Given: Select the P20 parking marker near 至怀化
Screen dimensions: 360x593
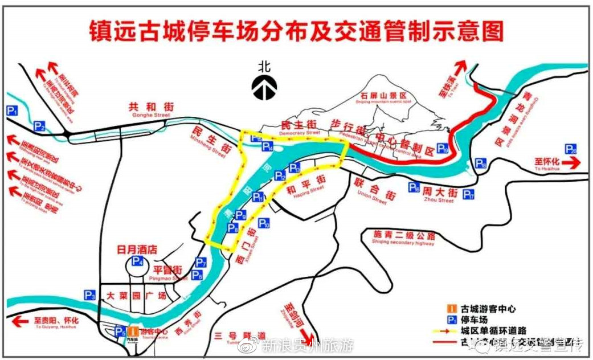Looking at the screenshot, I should coord(571,149).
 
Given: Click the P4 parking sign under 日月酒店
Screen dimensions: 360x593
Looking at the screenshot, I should coord(137,261).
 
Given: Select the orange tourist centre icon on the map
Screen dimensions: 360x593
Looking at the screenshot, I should coord(132,331).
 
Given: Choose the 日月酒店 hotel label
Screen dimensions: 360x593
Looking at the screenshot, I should coord(137,249).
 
